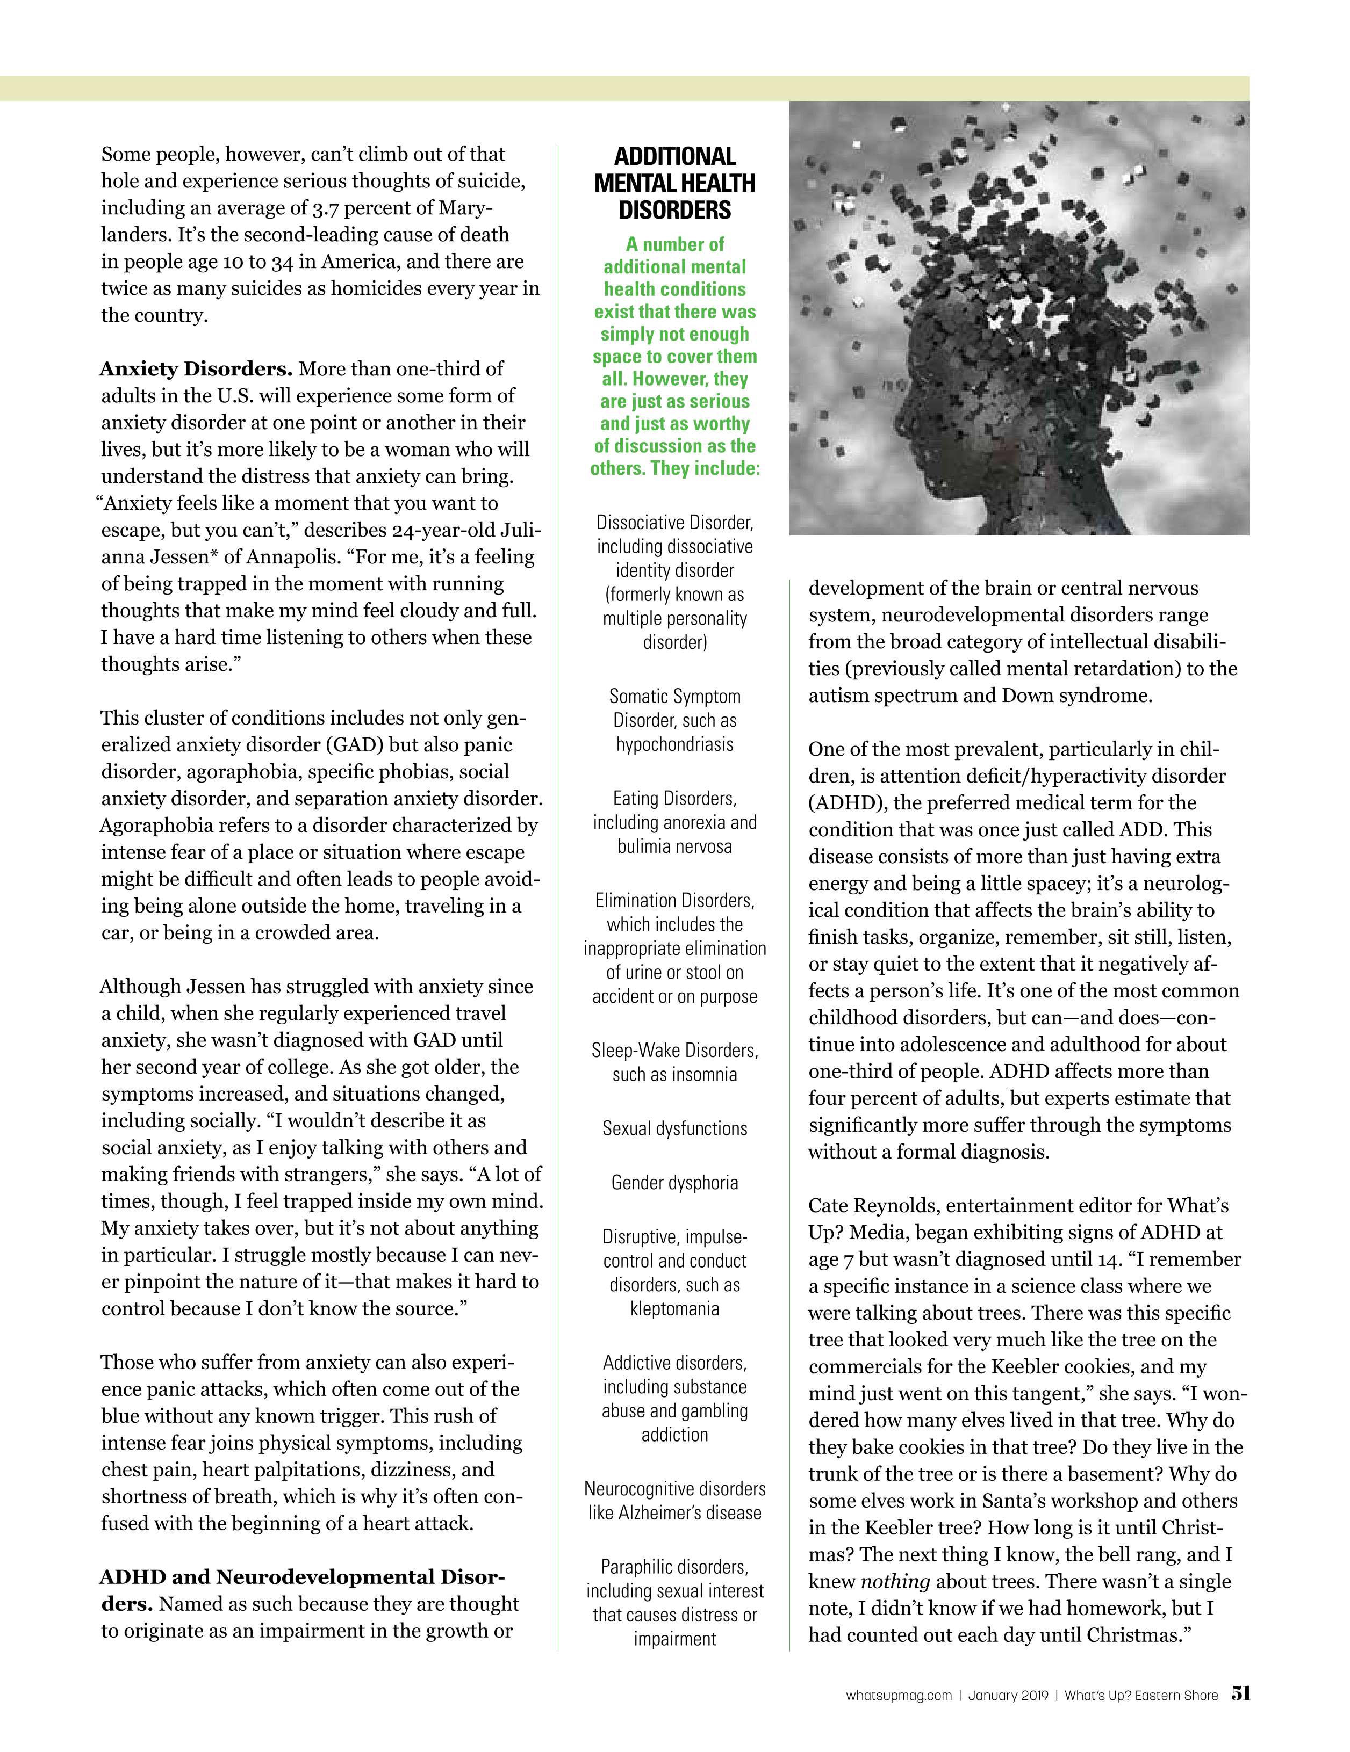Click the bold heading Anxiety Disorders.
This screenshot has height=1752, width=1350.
196,369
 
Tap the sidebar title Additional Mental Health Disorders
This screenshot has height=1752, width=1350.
674,183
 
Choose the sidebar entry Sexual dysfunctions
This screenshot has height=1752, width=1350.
674,1128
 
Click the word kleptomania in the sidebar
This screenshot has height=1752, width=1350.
674,1308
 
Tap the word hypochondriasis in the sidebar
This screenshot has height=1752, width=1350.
674,744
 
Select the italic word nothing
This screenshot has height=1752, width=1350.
895,1581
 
